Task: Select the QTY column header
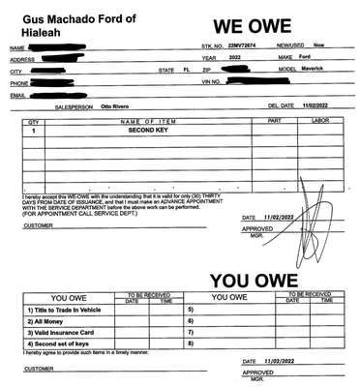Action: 34,121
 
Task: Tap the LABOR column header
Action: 318,121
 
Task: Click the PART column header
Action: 273,121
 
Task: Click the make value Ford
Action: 304,57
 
